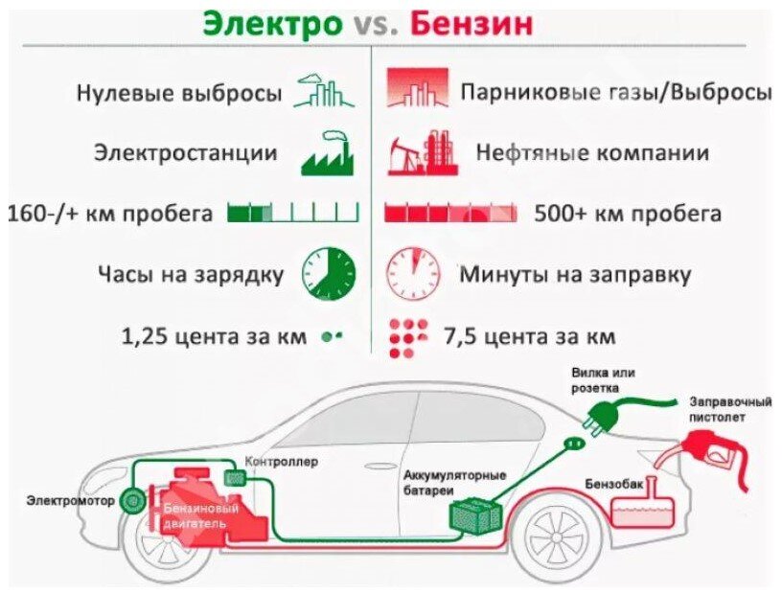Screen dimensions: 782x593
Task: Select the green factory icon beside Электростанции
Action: pos(327,154)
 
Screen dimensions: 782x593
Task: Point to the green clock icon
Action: pos(328,273)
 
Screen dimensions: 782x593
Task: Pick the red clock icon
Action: pos(413,273)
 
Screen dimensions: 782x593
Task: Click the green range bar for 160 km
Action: pos(292,213)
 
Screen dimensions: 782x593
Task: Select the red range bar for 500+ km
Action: pos(449,213)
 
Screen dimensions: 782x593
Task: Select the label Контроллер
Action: pos(282,461)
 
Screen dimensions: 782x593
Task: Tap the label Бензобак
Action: pos(613,483)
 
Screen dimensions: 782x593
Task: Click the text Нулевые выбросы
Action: pos(179,94)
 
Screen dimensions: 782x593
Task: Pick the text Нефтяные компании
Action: pos(591,153)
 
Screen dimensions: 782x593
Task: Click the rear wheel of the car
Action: pos(557,536)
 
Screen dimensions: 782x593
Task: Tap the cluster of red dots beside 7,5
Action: pos(408,338)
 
